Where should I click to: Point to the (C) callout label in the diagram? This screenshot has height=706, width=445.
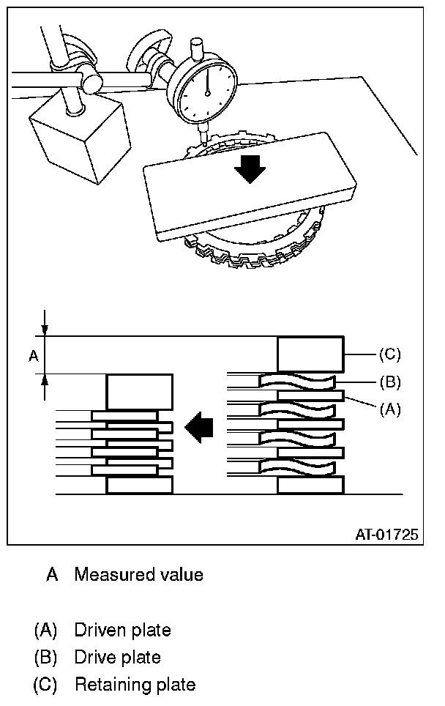tap(389, 355)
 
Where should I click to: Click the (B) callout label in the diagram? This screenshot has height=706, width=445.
tap(389, 382)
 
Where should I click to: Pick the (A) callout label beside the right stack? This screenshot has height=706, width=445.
tap(389, 410)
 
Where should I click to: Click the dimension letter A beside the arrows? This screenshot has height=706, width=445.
tap(33, 356)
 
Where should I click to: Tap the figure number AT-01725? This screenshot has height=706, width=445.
tap(386, 535)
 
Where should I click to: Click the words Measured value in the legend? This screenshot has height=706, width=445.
tap(138, 575)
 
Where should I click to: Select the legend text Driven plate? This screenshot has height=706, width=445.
tap(122, 630)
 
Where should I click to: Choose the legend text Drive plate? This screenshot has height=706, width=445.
tap(117, 657)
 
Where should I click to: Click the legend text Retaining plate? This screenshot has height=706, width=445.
tap(135, 685)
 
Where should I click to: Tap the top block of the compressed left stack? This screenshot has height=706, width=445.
tap(140, 392)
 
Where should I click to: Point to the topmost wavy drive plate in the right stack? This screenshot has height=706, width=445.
tap(297, 382)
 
